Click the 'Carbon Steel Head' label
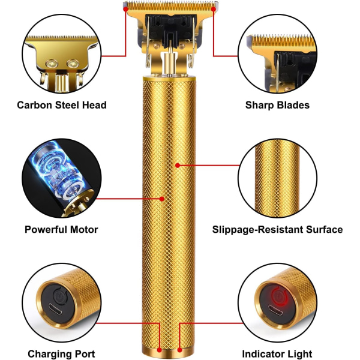pos(62,105)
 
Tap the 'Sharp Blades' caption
pos(277,105)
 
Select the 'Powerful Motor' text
pos(61,229)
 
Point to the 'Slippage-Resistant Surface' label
pos(277,229)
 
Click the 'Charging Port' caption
pos(61,354)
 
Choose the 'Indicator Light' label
pos(277,354)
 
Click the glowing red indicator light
pos(277,295)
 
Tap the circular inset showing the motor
pos(60,179)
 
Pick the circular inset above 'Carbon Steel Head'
pos(60,55)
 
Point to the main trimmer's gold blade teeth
pos(162,7)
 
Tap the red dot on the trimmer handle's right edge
pos(178,164)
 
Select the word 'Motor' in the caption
pos(83,229)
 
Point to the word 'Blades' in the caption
pos(293,105)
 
